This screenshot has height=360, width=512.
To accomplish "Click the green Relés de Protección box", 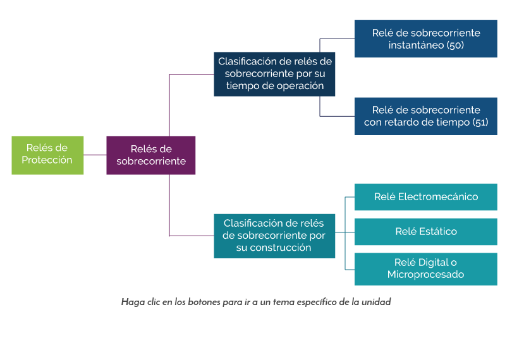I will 47,155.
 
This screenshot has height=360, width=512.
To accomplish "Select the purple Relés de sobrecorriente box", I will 151,155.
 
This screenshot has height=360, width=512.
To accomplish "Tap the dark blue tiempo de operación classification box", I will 274,74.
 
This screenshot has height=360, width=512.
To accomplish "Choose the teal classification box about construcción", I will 274,236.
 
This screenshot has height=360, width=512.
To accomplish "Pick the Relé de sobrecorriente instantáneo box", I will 426,39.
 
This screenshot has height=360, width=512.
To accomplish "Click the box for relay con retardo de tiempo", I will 426,116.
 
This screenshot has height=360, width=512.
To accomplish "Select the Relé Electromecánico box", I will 426,197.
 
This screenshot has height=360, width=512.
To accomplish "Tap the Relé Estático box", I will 426,231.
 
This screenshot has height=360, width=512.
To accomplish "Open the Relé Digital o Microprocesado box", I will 426,268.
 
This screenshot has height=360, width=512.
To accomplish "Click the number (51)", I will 480,122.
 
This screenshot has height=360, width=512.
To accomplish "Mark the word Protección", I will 47,160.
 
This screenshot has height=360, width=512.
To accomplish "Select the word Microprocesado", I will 426,275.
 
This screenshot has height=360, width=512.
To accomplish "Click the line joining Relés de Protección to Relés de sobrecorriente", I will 95,155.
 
